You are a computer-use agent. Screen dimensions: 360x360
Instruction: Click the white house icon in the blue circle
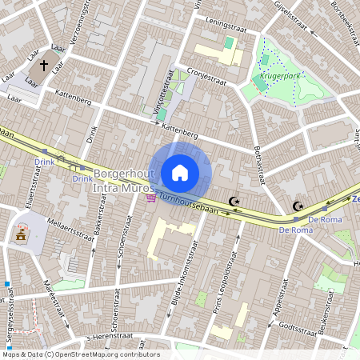[180, 172]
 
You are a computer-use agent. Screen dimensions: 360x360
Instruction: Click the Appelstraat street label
[281, 296]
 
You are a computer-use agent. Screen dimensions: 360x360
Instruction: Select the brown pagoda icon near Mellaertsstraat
[21, 234]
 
